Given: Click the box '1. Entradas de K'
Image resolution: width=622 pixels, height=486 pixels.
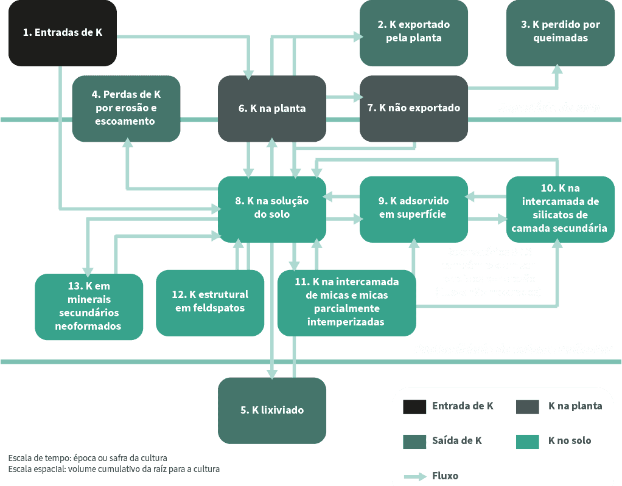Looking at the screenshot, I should (62, 33).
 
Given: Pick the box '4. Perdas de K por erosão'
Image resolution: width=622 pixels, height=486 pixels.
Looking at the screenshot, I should (126, 108).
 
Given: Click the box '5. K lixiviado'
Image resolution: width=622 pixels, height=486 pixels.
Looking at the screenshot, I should (272, 410).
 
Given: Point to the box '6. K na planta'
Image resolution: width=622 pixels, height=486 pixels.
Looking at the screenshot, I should (272, 109).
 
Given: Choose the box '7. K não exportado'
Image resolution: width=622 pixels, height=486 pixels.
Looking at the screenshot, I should (414, 108).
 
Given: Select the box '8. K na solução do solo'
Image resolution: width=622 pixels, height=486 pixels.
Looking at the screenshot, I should (272, 208).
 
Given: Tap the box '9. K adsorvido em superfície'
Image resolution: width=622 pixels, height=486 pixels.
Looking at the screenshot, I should (414, 208).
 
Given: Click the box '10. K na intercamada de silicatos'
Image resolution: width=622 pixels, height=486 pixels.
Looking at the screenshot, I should (561, 208).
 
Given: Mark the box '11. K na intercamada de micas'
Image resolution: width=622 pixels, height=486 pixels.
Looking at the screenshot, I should (346, 302).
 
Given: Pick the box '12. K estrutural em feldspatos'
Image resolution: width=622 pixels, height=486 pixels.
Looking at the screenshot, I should (210, 302).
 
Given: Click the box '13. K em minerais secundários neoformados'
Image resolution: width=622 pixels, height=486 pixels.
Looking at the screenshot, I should (89, 306).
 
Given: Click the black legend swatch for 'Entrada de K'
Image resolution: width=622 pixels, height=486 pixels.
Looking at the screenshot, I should (414, 406).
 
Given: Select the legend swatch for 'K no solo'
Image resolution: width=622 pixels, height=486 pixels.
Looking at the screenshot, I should (527, 441).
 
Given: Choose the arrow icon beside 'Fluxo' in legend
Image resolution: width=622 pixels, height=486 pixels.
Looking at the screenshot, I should (414, 476).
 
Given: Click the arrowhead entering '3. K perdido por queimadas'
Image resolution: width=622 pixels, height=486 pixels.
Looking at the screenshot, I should (557, 69).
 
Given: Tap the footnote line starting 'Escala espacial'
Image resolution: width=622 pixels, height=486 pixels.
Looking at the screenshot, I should (114, 470).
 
